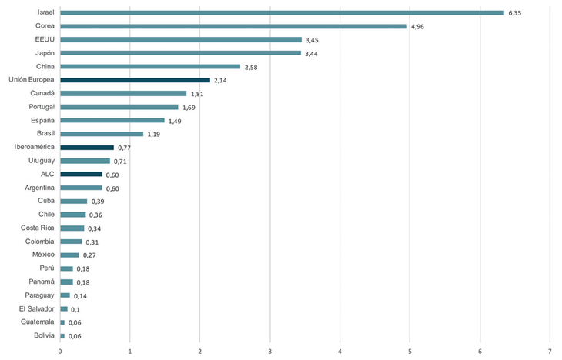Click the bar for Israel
click(282, 12)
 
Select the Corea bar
click(233, 26)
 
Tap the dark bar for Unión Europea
click(135, 80)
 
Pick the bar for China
click(150, 66)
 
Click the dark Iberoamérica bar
click(87, 147)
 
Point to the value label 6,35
click(516, 13)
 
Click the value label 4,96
click(419, 27)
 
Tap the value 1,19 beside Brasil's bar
click(154, 135)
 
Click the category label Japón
click(44, 53)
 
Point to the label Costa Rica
click(38, 228)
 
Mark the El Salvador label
click(37, 308)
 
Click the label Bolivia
click(42, 335)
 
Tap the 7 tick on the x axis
click(550, 352)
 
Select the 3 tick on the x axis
click(269, 352)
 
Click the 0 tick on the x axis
click(60, 352)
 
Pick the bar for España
click(112, 120)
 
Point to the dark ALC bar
click(81, 174)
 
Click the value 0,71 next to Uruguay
click(120, 162)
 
